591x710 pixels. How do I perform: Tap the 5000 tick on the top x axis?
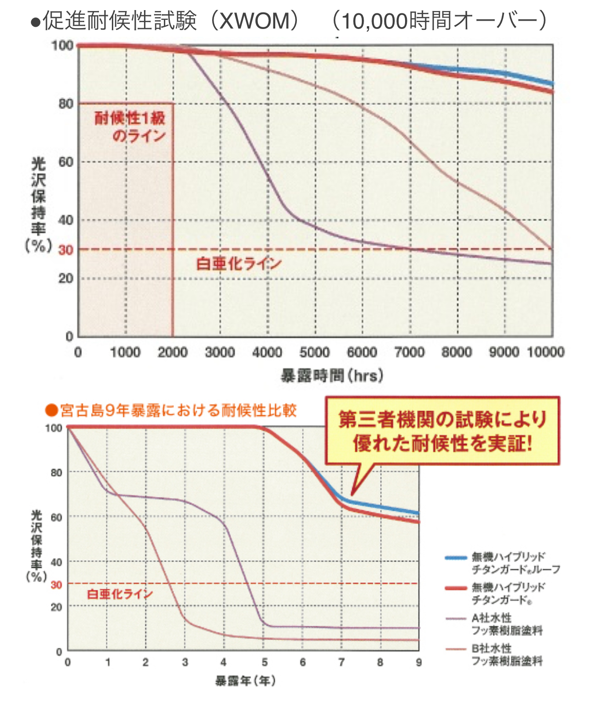tap(314, 352)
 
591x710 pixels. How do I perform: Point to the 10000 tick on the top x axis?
tap(545, 352)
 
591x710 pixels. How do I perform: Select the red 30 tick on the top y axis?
tap(66, 250)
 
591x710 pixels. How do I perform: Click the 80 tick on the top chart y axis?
tap(66, 104)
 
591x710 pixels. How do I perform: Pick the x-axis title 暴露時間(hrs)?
tap(332, 376)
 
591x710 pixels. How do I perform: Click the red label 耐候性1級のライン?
tap(130, 127)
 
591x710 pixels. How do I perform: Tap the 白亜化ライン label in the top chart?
tap(238, 263)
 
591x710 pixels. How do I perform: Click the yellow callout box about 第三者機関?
tap(442, 431)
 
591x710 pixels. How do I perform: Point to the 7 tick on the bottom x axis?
tap(341, 662)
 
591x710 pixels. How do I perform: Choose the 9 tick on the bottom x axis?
tap(419, 662)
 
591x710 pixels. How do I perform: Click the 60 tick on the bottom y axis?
tap(56, 518)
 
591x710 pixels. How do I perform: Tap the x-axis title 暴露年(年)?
tap(245, 680)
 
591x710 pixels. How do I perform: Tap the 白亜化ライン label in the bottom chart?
tap(120, 594)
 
